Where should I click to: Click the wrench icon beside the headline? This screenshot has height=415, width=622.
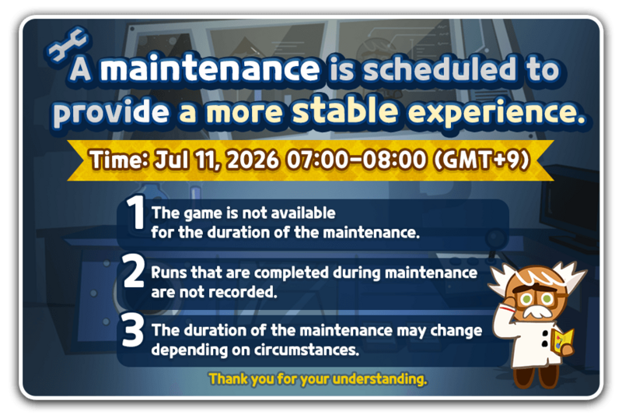pos(68,44)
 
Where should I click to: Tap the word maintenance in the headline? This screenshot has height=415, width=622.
pos(210,69)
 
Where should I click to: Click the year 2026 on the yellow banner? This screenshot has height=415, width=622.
pos(253,160)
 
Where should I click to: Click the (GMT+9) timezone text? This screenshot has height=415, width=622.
pos(481,160)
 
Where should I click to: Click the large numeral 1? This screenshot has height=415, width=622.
pos(135,213)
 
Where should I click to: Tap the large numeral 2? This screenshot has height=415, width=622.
pos(133,271)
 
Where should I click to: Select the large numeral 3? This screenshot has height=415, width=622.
pos(132,329)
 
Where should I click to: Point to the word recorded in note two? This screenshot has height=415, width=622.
pos(246,292)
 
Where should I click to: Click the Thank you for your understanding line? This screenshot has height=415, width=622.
pos(318,379)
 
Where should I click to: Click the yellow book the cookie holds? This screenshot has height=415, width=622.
pos(563,339)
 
